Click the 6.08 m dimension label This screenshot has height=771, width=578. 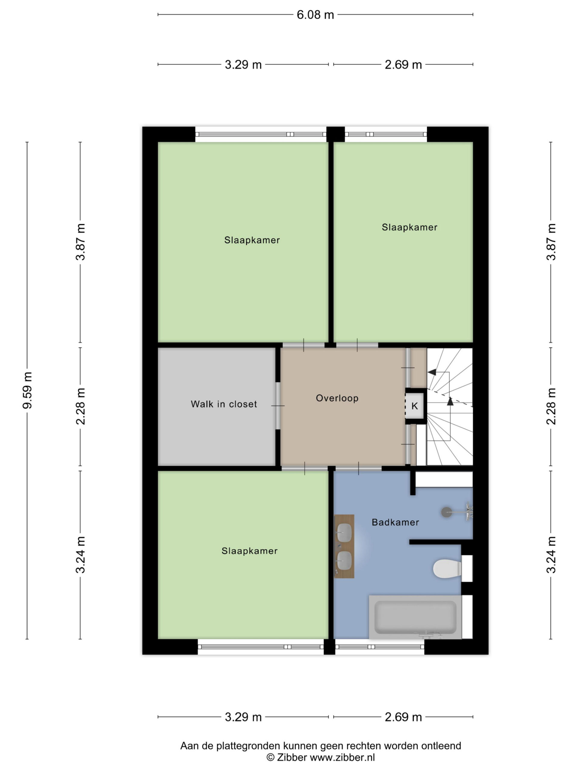click(x=315, y=15)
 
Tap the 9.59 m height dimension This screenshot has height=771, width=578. click(x=27, y=390)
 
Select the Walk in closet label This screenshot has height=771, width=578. click(x=224, y=404)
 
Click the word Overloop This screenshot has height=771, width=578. click(x=337, y=398)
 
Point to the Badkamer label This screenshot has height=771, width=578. click(x=395, y=522)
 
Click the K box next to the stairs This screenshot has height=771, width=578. click(x=415, y=406)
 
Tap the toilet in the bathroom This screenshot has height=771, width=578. click(x=447, y=569)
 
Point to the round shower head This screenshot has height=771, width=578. click(x=447, y=512)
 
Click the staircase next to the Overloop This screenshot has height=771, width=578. click(x=450, y=406)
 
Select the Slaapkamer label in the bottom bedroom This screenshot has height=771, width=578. click(x=250, y=551)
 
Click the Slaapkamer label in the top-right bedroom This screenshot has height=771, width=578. click(x=409, y=227)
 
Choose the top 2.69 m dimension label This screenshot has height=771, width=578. click(x=403, y=65)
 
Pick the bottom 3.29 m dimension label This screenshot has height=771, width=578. click(x=243, y=717)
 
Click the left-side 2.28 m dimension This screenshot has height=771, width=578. click(x=80, y=406)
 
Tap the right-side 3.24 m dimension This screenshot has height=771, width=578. click(x=551, y=554)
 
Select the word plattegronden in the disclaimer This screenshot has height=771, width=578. click(x=248, y=746)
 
